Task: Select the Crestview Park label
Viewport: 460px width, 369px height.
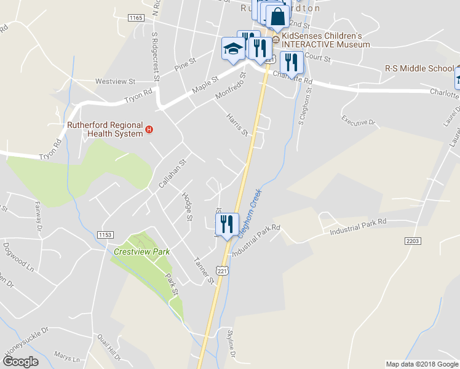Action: tap(141, 252)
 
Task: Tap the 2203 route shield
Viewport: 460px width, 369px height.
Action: tap(413, 242)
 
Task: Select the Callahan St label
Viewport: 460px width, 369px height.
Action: tap(173, 167)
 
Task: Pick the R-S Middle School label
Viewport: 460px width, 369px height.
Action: tap(418, 68)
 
